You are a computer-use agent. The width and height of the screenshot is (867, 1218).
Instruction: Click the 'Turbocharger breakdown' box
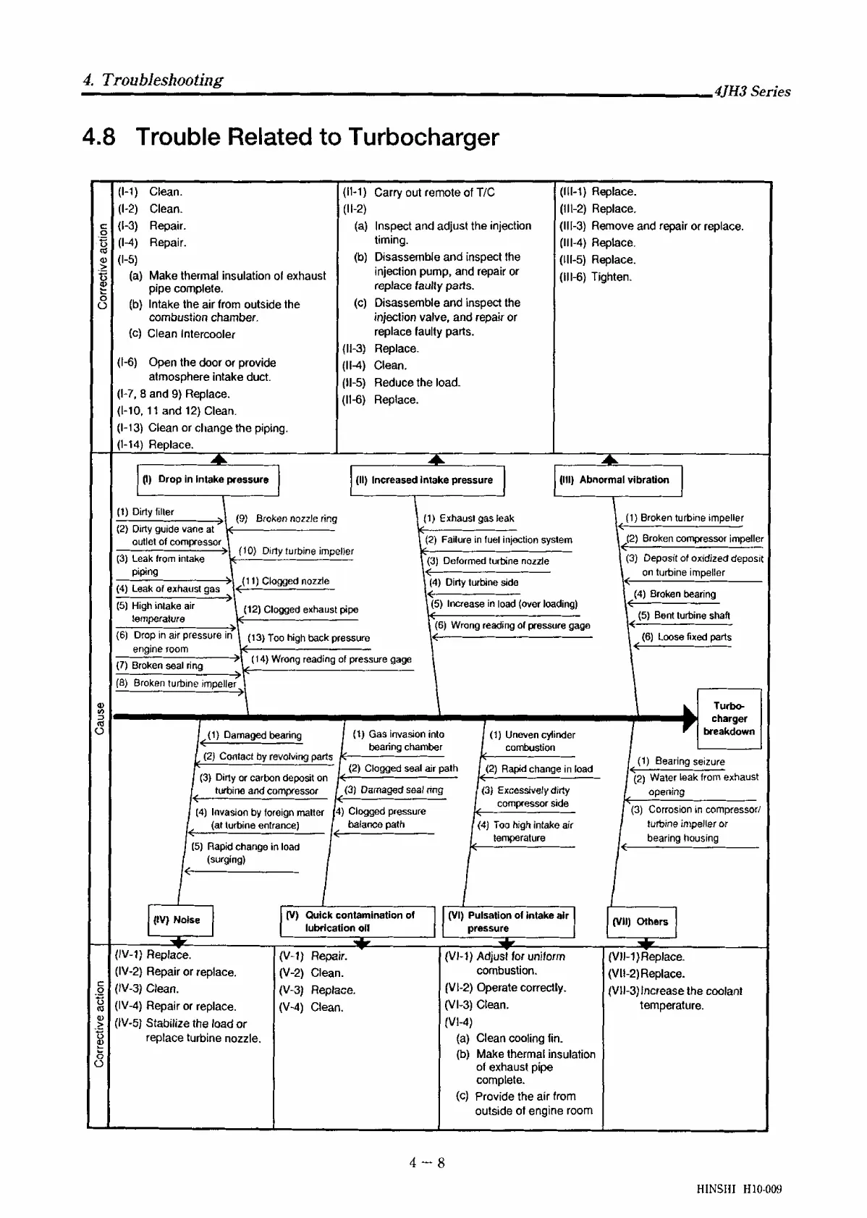(x=729, y=718)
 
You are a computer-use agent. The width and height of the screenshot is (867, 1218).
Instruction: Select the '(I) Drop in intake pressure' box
(x=208, y=480)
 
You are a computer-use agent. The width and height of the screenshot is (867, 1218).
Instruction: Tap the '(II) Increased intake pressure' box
(x=426, y=480)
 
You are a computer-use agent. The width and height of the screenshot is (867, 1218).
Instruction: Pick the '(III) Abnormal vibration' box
(x=617, y=480)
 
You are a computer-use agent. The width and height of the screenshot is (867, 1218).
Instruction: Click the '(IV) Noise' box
(x=180, y=920)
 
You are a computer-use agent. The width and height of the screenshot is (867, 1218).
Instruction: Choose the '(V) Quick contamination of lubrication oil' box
(x=358, y=921)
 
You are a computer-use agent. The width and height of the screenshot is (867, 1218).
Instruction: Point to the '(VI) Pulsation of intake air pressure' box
(x=508, y=921)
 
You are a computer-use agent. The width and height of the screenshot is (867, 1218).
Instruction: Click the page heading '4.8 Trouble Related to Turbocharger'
(x=290, y=137)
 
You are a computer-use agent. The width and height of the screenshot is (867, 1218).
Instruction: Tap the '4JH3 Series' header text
(x=752, y=91)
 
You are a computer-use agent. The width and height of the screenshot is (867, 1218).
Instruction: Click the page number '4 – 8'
(x=427, y=1163)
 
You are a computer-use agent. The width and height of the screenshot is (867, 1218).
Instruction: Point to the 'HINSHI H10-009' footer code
(x=739, y=1189)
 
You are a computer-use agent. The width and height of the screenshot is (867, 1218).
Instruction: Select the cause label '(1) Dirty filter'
(x=145, y=512)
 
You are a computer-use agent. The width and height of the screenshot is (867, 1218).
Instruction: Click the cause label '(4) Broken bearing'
(x=674, y=595)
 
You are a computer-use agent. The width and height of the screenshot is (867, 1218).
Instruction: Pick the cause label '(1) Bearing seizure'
(x=680, y=761)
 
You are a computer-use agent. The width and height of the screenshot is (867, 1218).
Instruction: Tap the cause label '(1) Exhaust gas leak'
(x=468, y=518)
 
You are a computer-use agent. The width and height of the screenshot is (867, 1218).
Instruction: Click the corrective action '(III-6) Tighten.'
(x=595, y=277)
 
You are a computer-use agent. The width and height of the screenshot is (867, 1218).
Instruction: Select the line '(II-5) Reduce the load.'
(x=401, y=382)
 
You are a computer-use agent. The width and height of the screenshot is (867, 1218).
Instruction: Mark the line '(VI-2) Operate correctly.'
(x=505, y=988)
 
